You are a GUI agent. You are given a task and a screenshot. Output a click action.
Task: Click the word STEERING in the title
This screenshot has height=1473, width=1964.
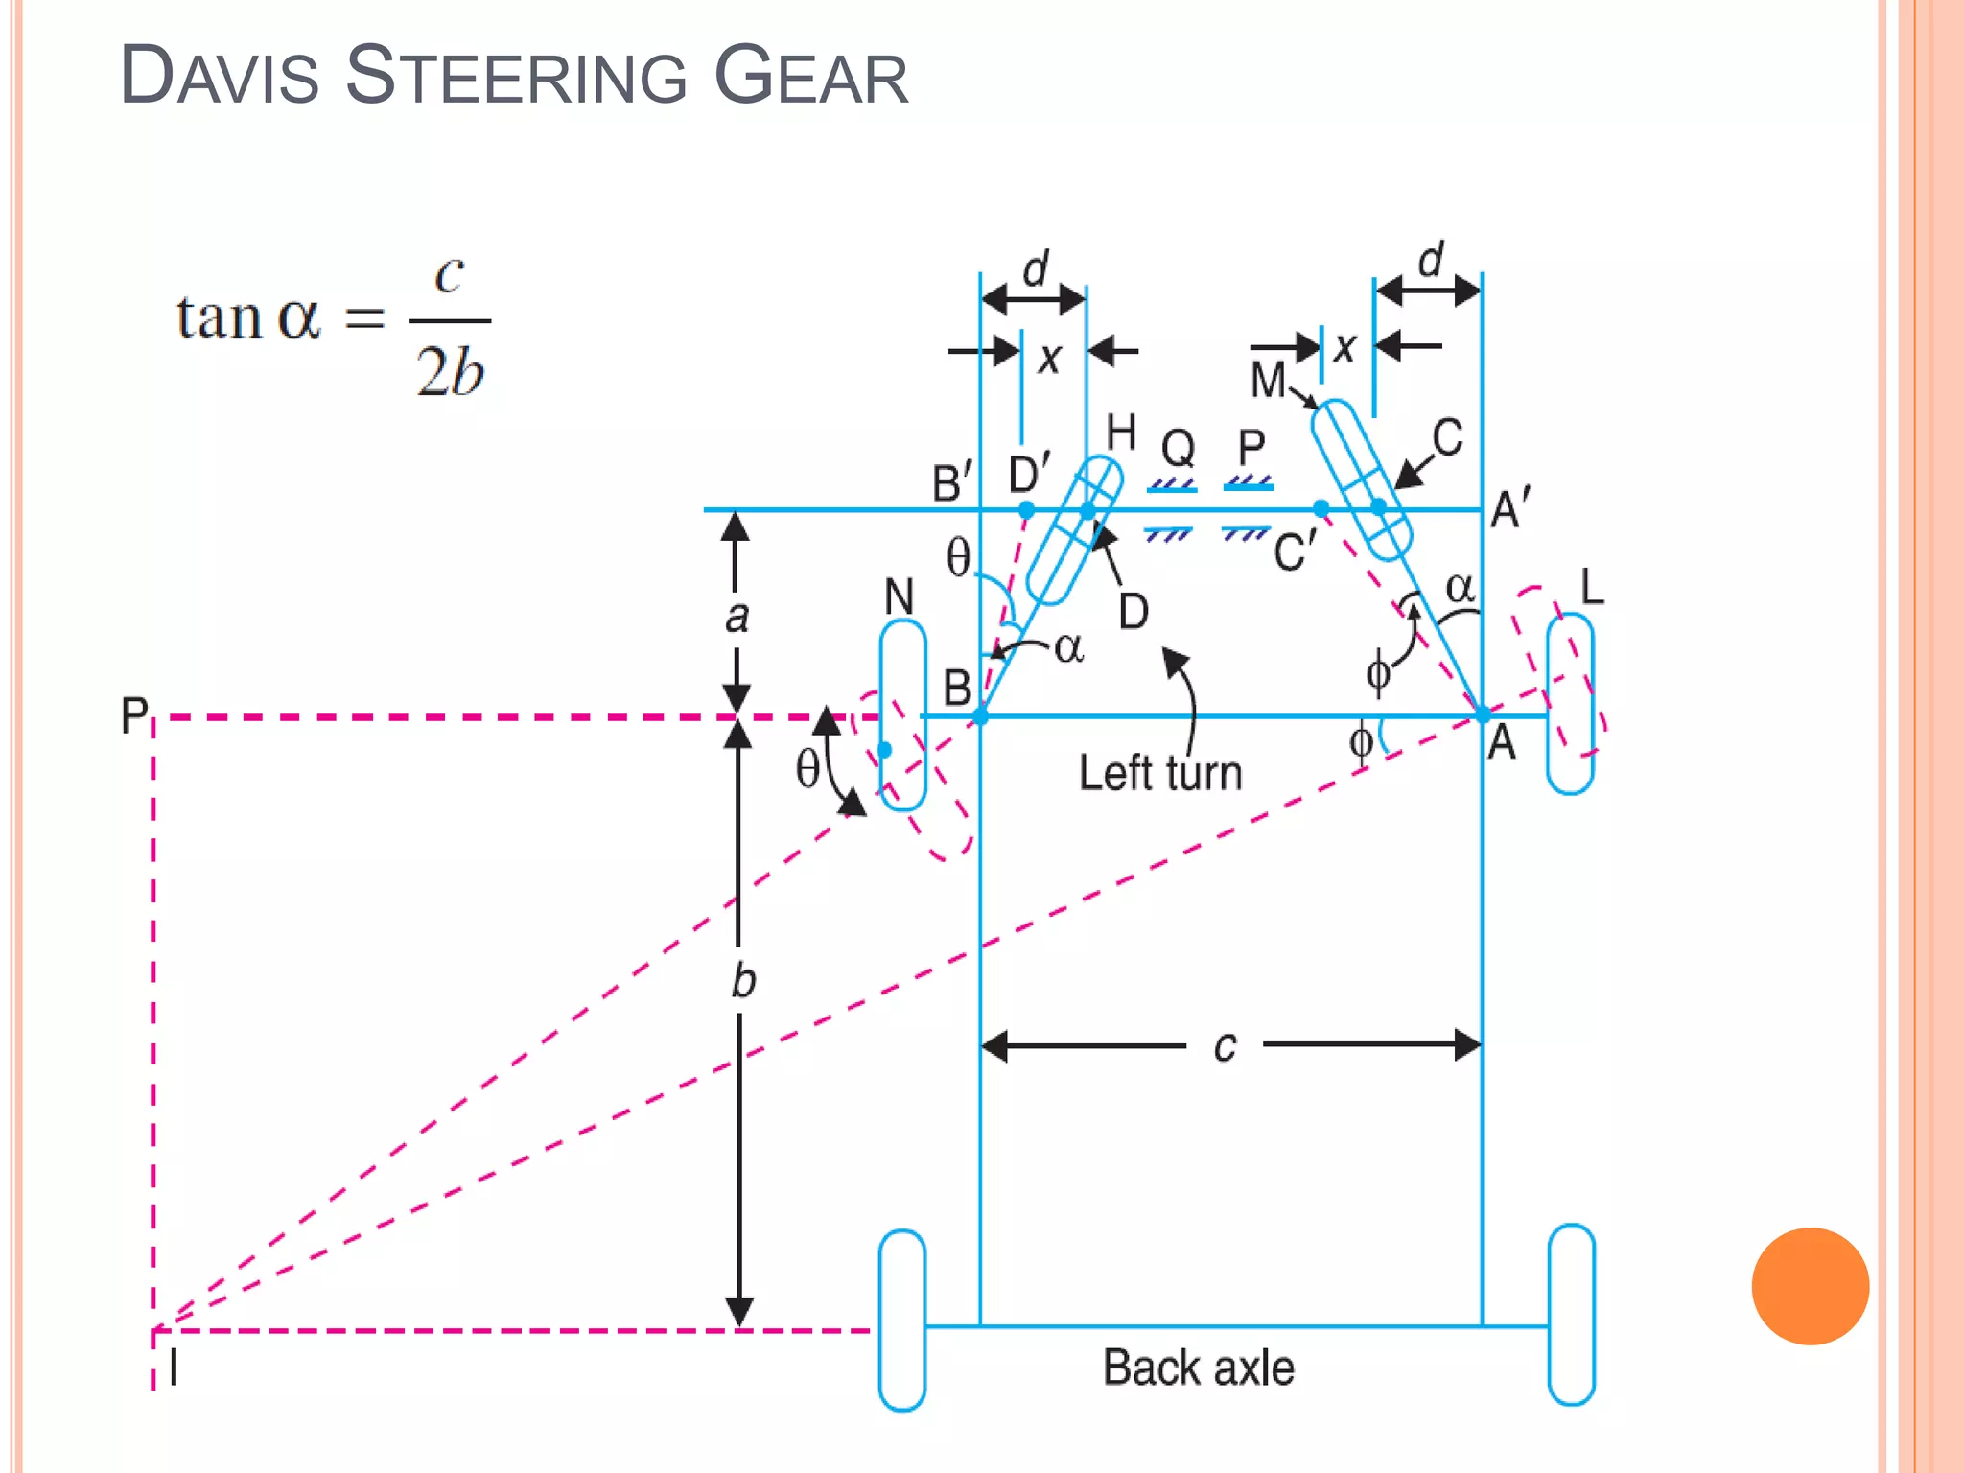516,77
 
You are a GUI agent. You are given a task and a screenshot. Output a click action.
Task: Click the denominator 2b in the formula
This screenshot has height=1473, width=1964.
450,372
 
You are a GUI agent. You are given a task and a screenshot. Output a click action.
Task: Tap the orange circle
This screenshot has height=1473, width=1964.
1810,1286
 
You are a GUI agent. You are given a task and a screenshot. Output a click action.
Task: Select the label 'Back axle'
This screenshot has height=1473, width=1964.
1198,1368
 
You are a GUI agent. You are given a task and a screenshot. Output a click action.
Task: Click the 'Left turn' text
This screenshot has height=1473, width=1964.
1159,773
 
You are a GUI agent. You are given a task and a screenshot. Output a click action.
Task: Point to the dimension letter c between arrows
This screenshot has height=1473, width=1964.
1225,1046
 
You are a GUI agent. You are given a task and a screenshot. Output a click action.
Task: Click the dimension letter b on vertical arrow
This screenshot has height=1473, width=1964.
743,981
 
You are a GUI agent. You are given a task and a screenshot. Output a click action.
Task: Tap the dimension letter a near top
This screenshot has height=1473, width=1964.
736,617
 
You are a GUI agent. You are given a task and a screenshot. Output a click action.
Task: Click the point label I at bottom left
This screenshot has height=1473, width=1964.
174,1368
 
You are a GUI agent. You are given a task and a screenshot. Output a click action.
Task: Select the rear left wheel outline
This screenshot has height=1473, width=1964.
902,1320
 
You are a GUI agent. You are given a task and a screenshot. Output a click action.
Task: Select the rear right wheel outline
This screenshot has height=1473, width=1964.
1571,1315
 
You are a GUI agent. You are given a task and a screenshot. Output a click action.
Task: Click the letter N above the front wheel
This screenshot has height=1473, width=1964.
899,597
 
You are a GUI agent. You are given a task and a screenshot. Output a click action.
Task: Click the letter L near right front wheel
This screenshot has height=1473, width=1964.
1592,586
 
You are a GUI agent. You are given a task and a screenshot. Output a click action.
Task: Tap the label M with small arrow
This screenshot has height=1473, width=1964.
1268,380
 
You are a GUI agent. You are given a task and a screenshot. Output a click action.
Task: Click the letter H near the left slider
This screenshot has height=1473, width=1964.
1121,433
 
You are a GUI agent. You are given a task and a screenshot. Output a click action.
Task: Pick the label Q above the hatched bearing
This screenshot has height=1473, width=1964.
1179,448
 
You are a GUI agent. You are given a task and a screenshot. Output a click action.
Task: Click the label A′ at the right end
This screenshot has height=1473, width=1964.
1509,508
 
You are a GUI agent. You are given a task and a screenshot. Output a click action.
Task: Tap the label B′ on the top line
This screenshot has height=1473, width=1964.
952,482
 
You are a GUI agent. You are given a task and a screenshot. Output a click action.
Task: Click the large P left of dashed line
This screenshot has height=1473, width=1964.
134,715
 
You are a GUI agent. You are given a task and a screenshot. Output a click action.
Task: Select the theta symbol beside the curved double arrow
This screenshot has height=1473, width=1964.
808,768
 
